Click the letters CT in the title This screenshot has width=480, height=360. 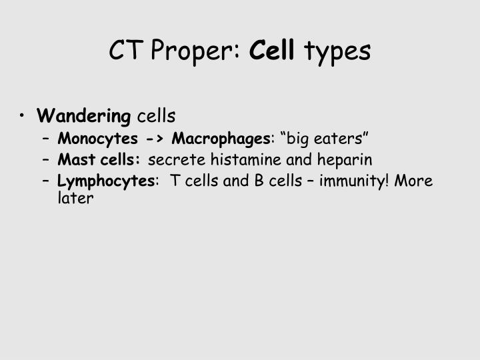pos(124,51)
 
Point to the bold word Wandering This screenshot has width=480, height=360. pos(84,117)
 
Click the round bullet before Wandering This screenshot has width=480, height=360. pos(24,117)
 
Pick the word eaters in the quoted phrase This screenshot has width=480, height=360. pos(343,139)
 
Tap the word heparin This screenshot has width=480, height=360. pos(345,161)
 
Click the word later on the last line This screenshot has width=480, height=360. pos(75,198)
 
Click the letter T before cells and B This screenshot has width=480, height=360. pos(175,181)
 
